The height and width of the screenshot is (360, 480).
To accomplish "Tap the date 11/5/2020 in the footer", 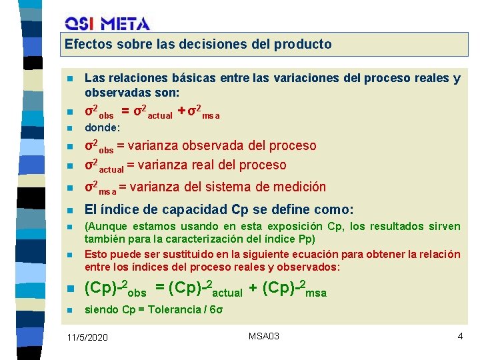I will [87, 338].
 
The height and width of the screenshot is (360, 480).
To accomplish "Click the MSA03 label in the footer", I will [263, 336].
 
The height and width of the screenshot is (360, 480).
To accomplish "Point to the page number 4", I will [460, 336].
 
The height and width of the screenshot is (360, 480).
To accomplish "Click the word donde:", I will [102, 127].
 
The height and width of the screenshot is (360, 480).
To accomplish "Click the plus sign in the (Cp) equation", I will [255, 288].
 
